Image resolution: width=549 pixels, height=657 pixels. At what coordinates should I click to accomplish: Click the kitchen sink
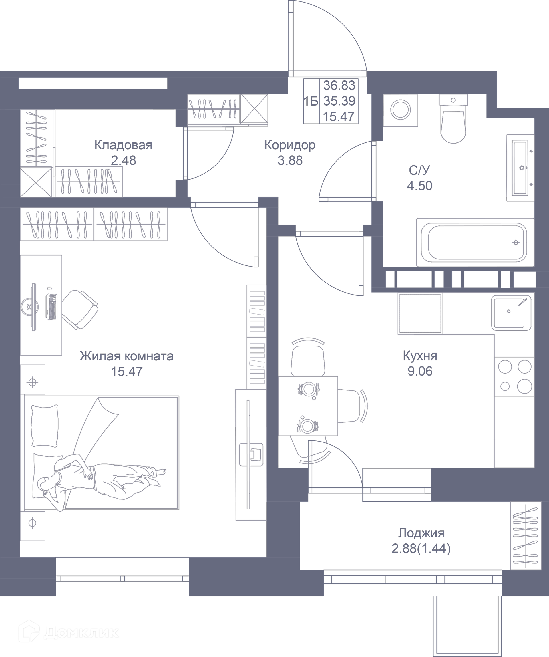[x=511, y=313]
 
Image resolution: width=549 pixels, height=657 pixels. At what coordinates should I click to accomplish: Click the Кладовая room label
[x=123, y=145]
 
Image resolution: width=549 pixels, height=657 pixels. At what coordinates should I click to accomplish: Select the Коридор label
[x=290, y=145]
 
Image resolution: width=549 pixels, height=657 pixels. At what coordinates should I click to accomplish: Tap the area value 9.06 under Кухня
[x=420, y=371]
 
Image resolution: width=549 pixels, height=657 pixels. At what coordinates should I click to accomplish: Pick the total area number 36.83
[x=339, y=86]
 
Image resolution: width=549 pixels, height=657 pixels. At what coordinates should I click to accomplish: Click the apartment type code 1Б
[x=311, y=101]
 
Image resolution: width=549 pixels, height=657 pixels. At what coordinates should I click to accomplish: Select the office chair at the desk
[x=81, y=309]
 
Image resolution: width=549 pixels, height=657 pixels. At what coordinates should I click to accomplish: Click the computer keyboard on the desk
[x=52, y=307]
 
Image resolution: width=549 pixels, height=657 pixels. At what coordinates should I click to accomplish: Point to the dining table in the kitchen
[x=308, y=406]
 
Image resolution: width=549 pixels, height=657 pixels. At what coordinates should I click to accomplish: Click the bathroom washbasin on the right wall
[x=520, y=168]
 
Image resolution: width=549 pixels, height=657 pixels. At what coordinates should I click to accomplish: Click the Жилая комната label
[x=126, y=356]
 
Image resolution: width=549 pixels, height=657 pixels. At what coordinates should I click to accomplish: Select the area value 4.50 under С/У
[x=419, y=186]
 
